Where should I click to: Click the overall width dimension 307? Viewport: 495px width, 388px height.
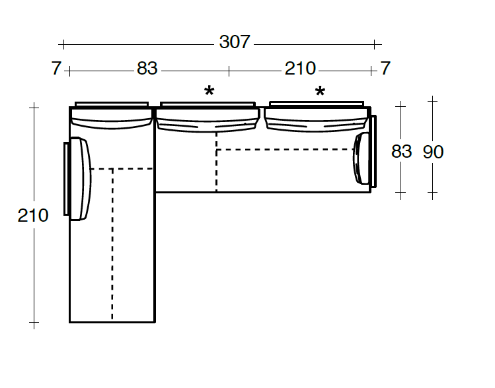pos(235,42)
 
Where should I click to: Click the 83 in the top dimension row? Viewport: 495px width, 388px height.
pos(147,69)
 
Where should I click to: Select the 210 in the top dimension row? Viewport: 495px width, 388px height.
pos(300,69)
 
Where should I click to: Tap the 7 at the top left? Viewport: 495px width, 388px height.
pos(57,69)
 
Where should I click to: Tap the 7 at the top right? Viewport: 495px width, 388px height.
pos(385,69)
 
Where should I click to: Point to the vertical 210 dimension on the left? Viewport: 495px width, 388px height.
pos(33,216)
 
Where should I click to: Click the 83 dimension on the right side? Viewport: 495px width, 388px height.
pos(402,151)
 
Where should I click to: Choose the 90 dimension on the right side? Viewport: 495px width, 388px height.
pos(433,152)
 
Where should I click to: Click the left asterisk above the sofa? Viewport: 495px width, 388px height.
pos(209,91)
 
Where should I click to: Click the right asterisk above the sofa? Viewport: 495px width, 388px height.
pos(320,91)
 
